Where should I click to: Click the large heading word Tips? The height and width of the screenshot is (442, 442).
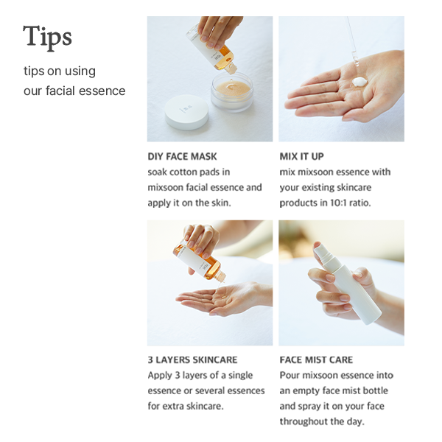47,38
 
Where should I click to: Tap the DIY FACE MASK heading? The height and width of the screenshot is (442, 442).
183,156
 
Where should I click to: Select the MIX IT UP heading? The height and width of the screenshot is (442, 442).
301,156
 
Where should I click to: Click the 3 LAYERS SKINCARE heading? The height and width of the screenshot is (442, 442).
192,360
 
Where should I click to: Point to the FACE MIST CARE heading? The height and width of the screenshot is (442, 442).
316,360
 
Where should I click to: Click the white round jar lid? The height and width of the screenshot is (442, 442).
186,112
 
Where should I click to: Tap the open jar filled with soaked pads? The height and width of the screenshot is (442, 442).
232,92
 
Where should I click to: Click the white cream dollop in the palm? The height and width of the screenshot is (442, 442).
360,82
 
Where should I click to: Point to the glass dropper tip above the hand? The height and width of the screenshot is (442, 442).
354,60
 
